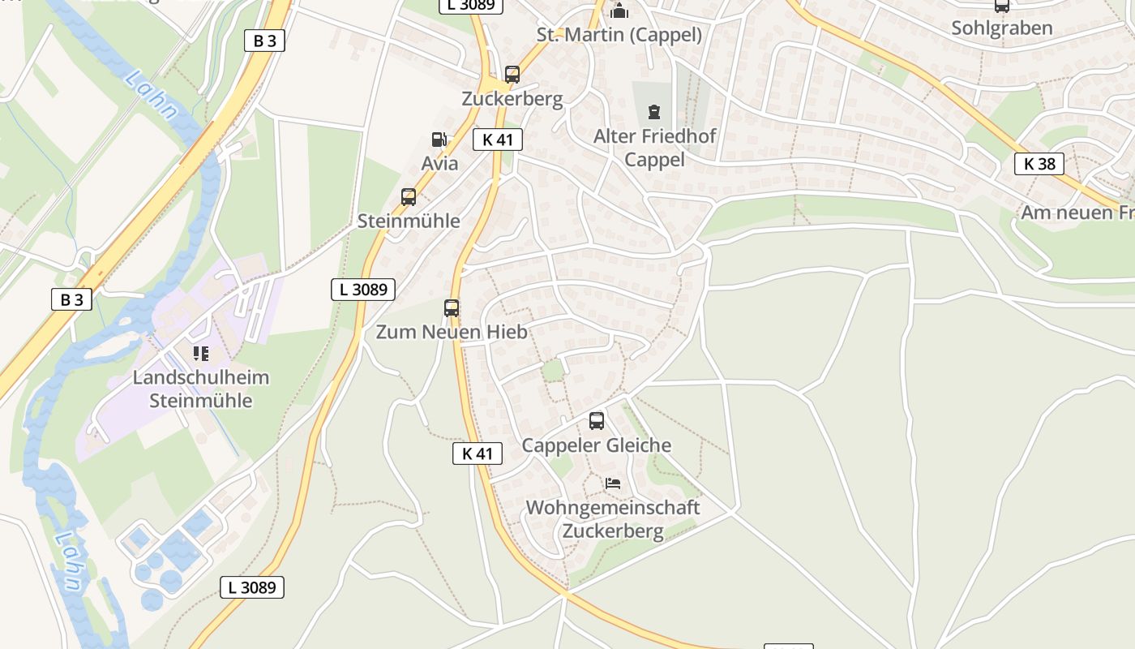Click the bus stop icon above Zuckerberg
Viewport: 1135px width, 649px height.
[512, 75]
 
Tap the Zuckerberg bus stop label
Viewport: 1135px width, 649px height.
[512, 99]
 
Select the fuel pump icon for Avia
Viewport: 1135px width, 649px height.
[439, 140]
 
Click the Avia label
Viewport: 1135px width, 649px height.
[439, 163]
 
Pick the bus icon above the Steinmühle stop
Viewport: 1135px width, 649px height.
[409, 197]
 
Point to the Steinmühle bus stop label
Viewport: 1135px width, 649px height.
[409, 221]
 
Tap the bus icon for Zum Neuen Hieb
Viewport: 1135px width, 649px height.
[452, 308]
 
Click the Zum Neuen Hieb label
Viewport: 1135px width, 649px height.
[452, 332]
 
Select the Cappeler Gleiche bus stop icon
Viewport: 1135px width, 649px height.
[597, 421]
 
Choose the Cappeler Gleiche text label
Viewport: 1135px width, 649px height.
[597, 445]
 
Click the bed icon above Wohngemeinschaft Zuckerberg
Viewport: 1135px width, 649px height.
[613, 484]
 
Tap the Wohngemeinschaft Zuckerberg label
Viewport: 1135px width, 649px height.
[613, 519]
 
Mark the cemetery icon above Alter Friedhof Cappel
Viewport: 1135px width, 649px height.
[654, 112]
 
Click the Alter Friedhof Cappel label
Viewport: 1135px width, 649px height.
[654, 148]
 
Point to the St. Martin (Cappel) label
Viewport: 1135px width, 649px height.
[619, 35]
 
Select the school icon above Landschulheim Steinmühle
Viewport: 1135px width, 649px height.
[200, 354]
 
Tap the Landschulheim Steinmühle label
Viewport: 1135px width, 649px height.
[201, 389]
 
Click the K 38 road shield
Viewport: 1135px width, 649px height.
[1039, 164]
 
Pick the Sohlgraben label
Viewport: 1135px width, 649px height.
[1002, 28]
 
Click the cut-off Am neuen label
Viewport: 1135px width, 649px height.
[1077, 213]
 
